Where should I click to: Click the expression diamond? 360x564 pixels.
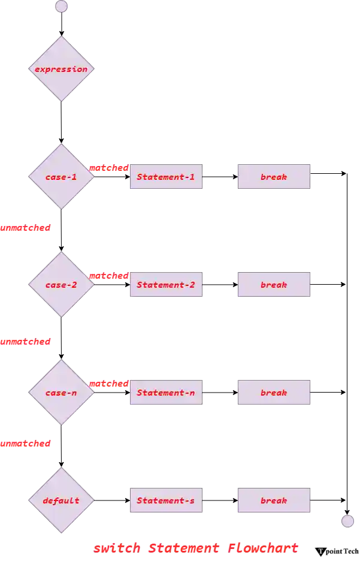pyautogui.click(x=61, y=69)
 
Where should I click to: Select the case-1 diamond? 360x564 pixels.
pyautogui.click(x=61, y=177)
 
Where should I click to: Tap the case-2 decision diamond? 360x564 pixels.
pyautogui.click(x=61, y=285)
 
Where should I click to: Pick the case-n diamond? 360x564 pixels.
pyautogui.click(x=61, y=393)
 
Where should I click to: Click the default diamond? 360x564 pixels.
pyautogui.click(x=61, y=500)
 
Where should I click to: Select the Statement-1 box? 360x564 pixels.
pyautogui.click(x=167, y=177)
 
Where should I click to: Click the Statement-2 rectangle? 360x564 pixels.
pyautogui.click(x=167, y=285)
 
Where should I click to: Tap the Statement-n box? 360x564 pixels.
pyautogui.click(x=167, y=393)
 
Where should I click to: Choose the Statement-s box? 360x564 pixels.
pyautogui.click(x=167, y=500)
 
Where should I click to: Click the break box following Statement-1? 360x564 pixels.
pyautogui.click(x=274, y=177)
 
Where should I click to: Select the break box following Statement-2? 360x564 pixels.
pyautogui.click(x=274, y=285)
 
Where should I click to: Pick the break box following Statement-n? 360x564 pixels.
pyautogui.click(x=274, y=393)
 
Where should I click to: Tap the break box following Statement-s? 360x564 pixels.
pyautogui.click(x=274, y=500)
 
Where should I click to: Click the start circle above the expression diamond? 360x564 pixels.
pyautogui.click(x=61, y=7)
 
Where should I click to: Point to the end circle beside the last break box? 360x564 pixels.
pyautogui.click(x=347, y=520)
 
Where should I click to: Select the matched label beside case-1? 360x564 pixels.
pyautogui.click(x=109, y=168)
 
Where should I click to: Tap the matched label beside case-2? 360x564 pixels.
pyautogui.click(x=109, y=276)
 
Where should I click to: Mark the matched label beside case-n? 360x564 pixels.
pyautogui.click(x=109, y=384)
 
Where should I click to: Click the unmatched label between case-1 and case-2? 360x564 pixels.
pyautogui.click(x=25, y=228)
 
